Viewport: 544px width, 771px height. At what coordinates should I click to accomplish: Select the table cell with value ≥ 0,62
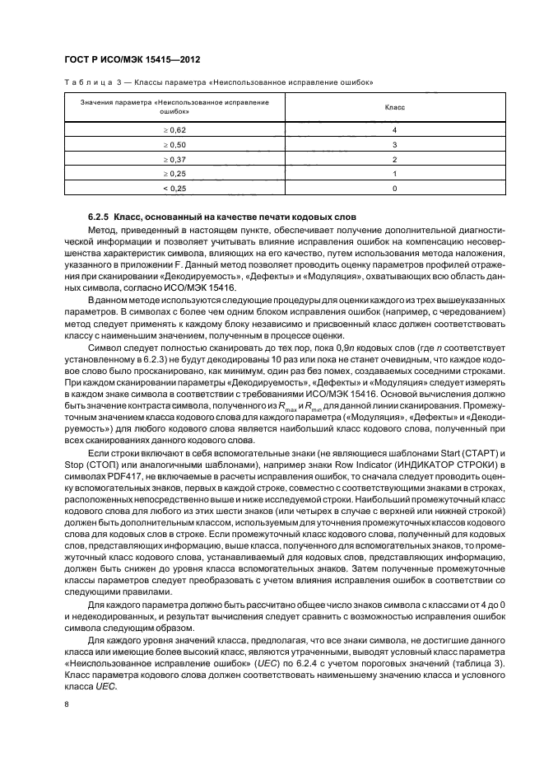[x=174, y=130]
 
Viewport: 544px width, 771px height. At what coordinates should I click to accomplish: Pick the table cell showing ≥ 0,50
[x=174, y=144]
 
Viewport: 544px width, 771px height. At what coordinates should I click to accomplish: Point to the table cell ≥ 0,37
[x=174, y=158]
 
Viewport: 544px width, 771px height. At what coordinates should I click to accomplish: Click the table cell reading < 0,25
[x=174, y=189]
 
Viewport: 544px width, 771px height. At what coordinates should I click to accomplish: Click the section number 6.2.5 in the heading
[x=100, y=217]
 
